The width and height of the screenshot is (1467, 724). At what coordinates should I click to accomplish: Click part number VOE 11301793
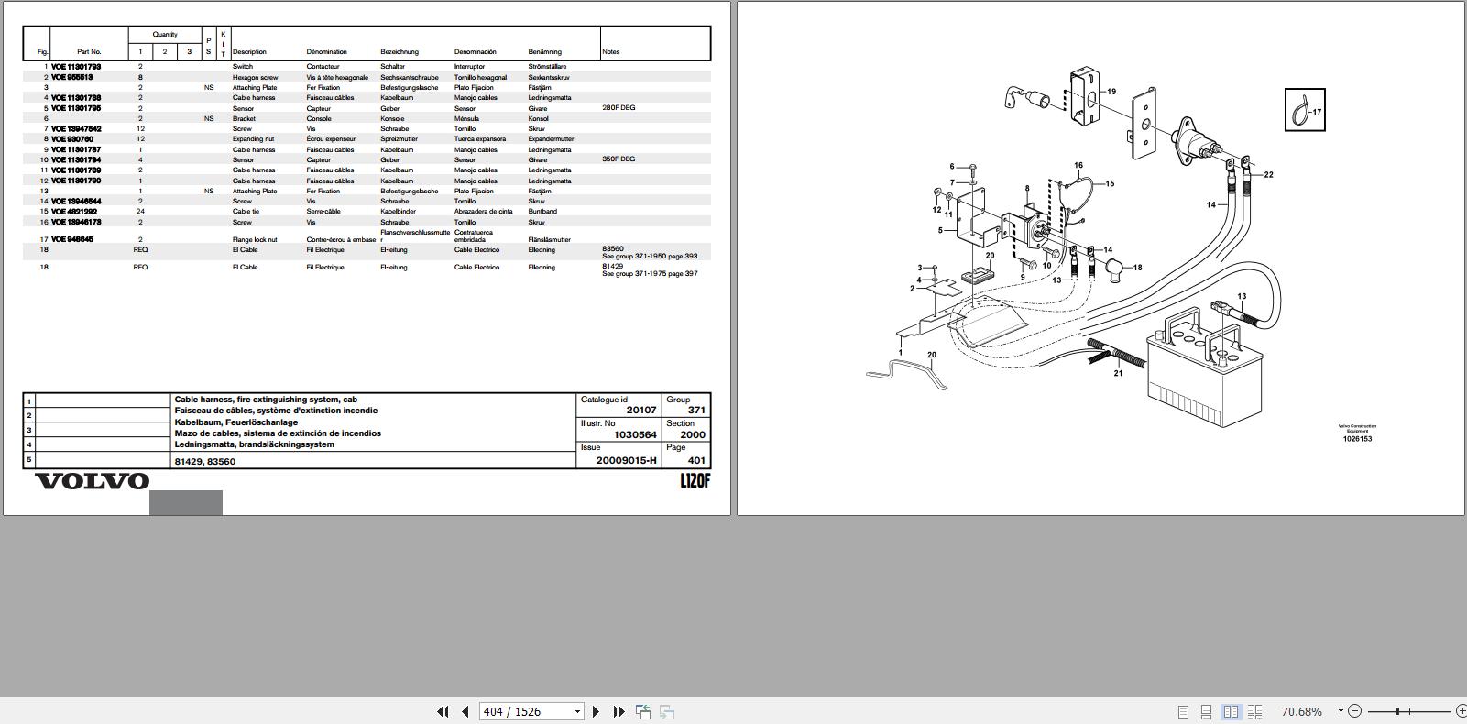76,67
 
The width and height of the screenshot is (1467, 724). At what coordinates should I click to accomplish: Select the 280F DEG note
619,108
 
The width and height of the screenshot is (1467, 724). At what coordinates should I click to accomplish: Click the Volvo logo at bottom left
92,481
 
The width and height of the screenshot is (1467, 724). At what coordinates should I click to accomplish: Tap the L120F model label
695,481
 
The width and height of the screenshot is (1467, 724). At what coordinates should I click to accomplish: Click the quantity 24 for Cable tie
140,212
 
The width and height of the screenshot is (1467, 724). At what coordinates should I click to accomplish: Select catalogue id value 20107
641,411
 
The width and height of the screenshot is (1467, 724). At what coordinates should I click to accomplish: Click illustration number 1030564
635,435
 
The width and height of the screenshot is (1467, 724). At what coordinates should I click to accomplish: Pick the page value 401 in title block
696,460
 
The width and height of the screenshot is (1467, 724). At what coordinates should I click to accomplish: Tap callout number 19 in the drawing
1111,92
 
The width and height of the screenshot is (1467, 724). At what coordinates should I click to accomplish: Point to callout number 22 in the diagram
1268,175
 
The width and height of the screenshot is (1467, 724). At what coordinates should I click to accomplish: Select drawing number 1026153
1357,439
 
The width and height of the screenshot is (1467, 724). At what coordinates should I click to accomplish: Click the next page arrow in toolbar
596,711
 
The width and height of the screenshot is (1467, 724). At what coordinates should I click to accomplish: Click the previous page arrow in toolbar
465,711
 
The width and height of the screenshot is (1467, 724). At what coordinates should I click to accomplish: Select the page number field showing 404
526,711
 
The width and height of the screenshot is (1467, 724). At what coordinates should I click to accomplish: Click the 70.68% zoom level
1301,711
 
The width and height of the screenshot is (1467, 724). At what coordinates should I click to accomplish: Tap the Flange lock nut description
255,240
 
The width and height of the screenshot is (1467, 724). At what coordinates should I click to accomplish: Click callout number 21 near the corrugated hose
1118,374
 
